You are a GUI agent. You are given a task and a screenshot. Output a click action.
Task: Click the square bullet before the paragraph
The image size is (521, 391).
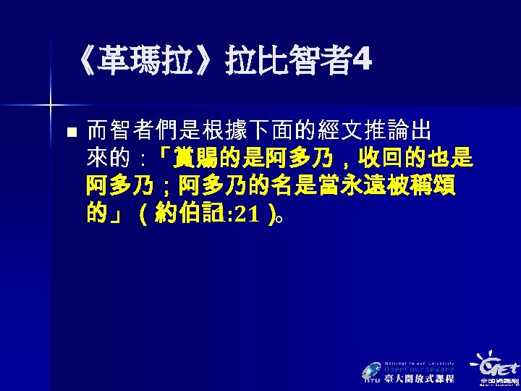(x=69, y=133)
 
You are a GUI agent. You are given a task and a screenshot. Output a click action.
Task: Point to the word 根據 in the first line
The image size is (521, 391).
(x=225, y=131)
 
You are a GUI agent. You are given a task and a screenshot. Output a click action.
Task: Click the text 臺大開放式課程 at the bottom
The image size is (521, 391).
(x=420, y=379)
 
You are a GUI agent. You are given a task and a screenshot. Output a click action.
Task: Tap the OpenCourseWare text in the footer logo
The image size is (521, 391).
(x=419, y=369)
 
